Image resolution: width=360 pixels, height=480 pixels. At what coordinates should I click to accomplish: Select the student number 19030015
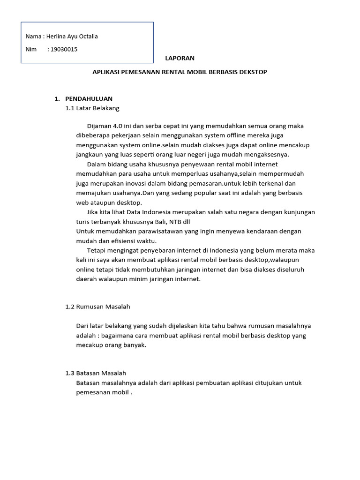point(64,49)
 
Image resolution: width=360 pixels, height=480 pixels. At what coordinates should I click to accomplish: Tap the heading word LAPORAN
point(180,59)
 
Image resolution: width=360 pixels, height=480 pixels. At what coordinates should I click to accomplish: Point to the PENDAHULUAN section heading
point(89,99)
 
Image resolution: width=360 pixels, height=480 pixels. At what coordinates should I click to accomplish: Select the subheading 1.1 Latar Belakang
point(92,108)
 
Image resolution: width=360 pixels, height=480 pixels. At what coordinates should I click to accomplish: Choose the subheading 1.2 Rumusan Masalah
point(97,307)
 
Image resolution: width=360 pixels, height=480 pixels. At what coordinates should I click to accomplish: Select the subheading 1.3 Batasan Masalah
point(96,373)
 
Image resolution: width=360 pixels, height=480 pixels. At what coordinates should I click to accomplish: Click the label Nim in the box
point(31,49)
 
